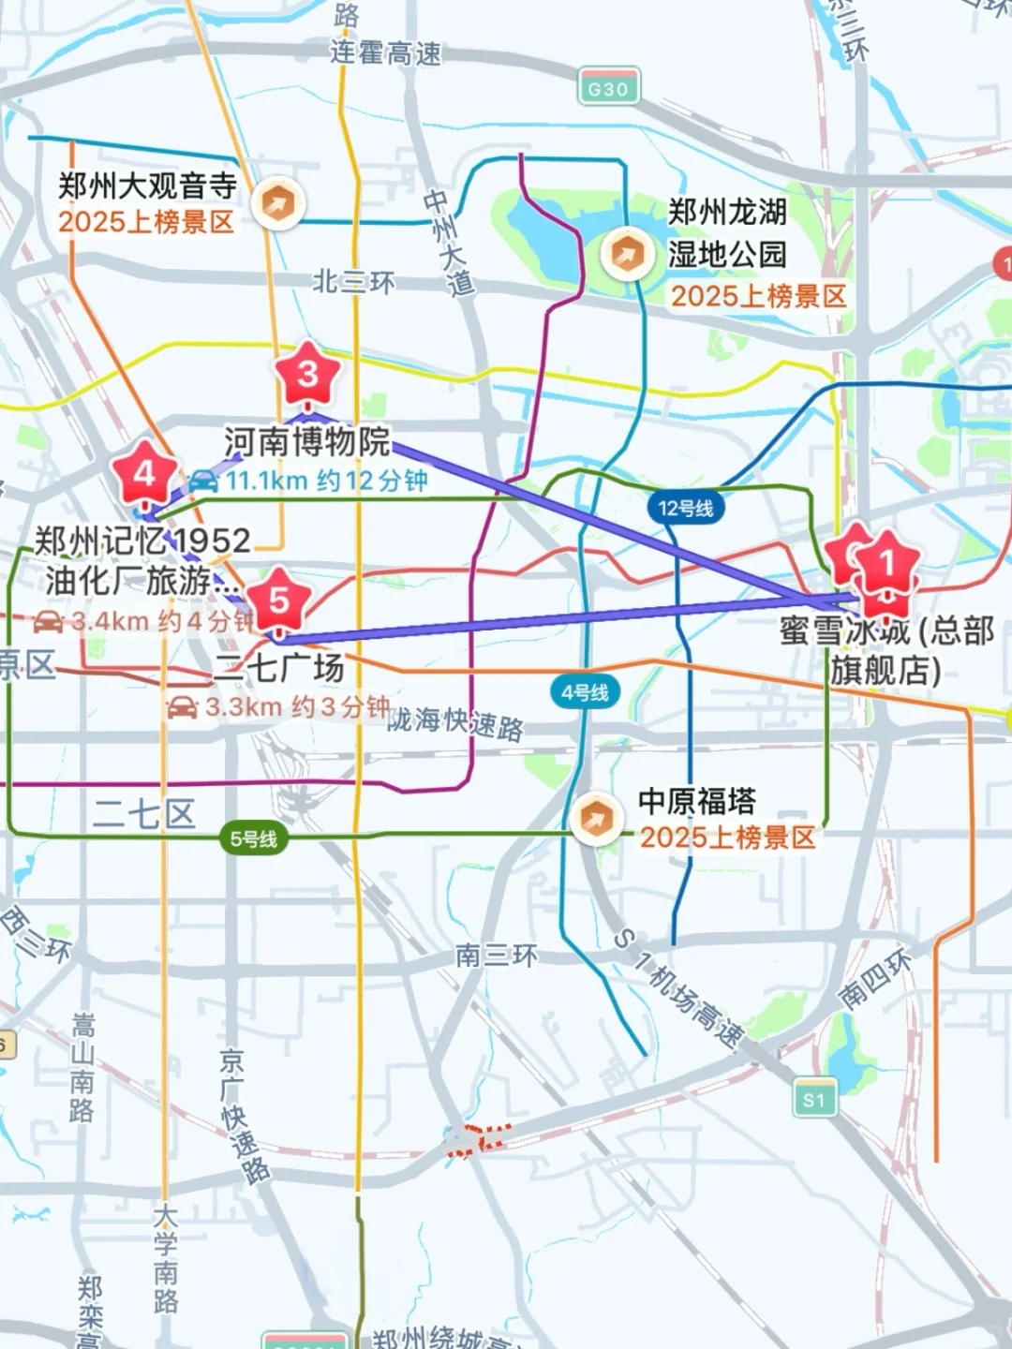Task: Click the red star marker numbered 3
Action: pos(307,375)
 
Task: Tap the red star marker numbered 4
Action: pos(144,474)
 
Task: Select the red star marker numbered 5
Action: pos(278,600)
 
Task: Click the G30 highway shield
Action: pos(608,89)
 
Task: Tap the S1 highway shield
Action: pos(813,1099)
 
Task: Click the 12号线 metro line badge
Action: pos(685,509)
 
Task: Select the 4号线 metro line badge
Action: pos(585,692)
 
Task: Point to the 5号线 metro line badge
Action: pos(254,838)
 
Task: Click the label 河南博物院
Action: pos(306,441)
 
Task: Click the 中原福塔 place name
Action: pos(696,801)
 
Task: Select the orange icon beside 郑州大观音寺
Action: pos(277,203)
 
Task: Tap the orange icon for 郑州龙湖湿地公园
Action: pos(626,253)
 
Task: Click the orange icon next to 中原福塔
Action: pos(594,820)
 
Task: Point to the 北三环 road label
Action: pos(353,281)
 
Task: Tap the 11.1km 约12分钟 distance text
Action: pos(326,481)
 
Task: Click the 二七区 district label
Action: pos(144,813)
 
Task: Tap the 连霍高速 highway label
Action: pos(385,53)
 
